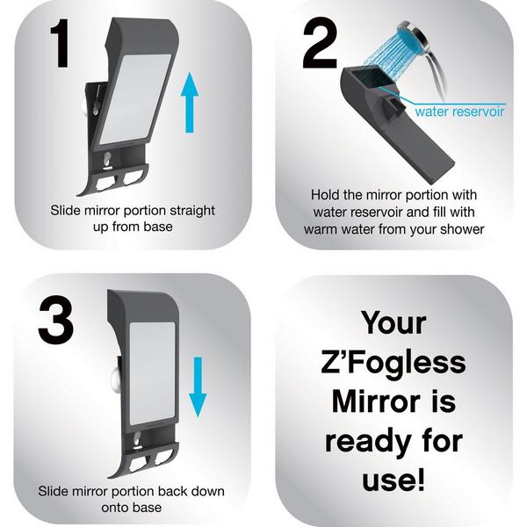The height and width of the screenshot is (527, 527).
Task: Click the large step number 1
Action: tap(61, 43)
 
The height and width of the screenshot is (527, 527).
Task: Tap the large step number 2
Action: tap(320, 43)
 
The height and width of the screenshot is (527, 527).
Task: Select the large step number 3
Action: tap(55, 320)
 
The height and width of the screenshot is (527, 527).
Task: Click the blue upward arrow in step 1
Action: tap(190, 102)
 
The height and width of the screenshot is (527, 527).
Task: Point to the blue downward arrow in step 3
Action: tap(198, 386)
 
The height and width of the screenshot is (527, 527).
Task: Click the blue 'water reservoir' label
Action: tap(459, 112)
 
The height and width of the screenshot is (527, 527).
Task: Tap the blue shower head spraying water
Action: tap(408, 37)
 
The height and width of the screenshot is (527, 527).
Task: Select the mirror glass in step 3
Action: tap(152, 374)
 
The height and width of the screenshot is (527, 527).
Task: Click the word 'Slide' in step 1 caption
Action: tap(66, 211)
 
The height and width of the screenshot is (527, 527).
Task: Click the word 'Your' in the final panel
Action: tap(393, 323)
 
